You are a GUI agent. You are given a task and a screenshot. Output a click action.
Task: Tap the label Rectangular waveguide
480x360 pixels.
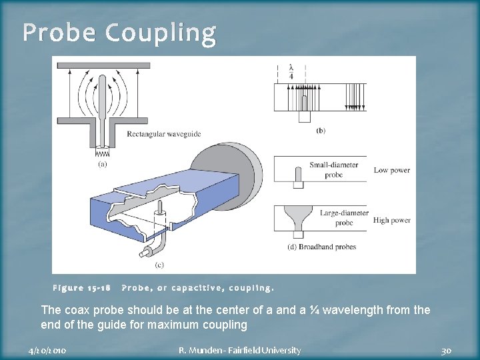(163, 134)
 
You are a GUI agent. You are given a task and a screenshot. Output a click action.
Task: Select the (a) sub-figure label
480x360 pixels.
(103, 163)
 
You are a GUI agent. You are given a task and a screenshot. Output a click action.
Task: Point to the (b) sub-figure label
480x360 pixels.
(321, 131)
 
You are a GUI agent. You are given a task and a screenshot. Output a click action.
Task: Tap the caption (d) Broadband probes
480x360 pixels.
(323, 247)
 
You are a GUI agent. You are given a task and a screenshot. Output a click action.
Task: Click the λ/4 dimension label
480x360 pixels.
(291, 71)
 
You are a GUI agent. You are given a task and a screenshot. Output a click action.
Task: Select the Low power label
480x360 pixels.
(392, 170)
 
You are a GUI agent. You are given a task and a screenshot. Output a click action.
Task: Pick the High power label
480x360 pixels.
(392, 220)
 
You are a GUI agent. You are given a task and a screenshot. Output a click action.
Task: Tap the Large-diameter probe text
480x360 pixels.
(342, 218)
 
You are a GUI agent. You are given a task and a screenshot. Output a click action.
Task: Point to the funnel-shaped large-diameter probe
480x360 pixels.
(296, 217)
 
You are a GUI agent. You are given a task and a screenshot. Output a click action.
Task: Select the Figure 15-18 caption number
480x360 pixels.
(81, 289)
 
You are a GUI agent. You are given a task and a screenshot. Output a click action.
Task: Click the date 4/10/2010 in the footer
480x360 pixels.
(47, 350)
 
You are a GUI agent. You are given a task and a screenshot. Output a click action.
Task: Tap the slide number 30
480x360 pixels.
(447, 350)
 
